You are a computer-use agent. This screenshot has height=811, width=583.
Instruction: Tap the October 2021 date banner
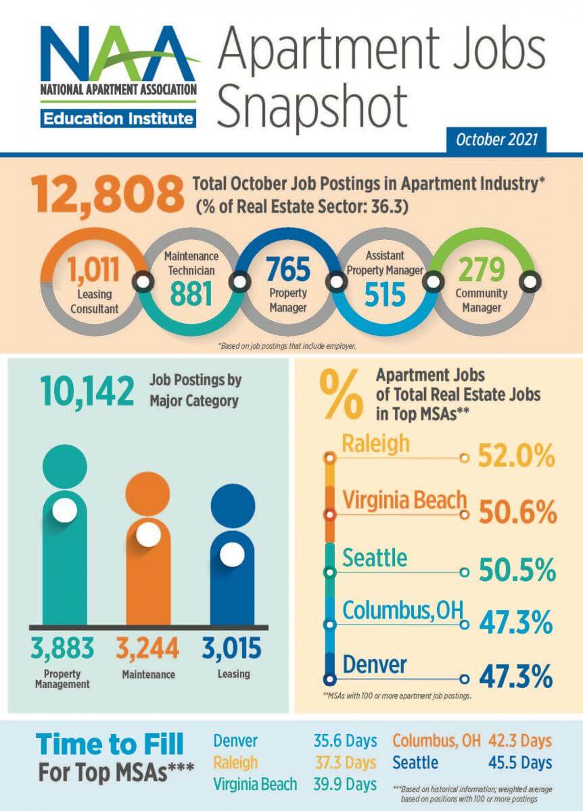(x=496, y=141)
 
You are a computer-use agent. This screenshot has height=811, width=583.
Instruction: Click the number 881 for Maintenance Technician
(x=191, y=293)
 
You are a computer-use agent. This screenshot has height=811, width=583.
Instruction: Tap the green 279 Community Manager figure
(x=482, y=270)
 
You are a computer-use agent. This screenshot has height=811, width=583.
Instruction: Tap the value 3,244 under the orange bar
(x=147, y=649)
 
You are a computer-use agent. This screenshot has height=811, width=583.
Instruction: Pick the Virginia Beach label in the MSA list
(x=404, y=501)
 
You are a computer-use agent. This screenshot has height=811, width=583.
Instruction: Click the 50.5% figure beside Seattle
(x=517, y=572)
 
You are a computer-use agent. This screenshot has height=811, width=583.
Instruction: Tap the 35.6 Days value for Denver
(x=344, y=741)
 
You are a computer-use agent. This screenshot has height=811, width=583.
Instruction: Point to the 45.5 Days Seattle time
(x=519, y=763)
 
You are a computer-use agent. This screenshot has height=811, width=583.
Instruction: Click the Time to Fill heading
(x=110, y=745)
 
